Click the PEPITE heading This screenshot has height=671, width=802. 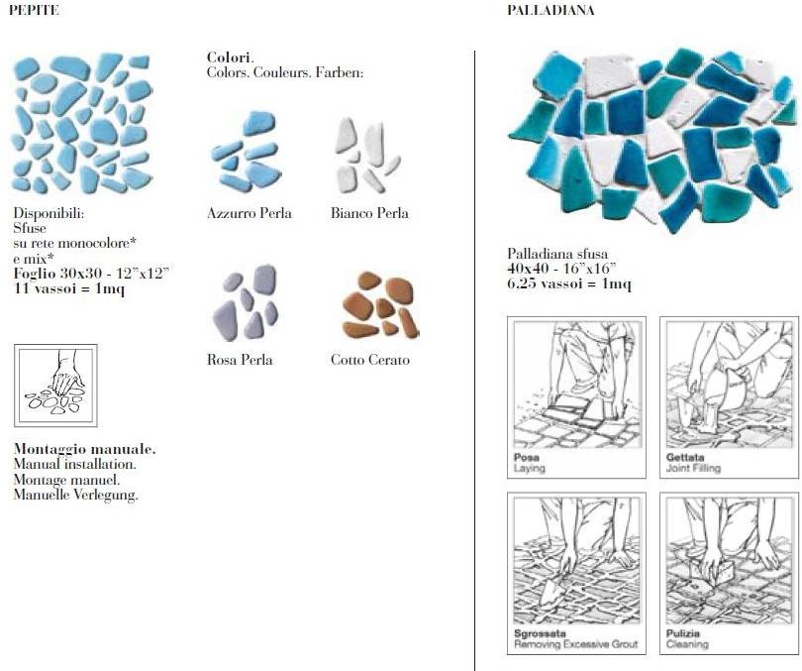pyautogui.click(x=34, y=10)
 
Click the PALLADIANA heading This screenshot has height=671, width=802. pyautogui.click(x=551, y=10)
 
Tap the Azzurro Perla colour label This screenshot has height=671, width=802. pyautogui.click(x=250, y=213)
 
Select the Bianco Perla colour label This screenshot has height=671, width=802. pyautogui.click(x=369, y=213)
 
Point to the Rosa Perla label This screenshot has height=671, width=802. pyautogui.click(x=240, y=360)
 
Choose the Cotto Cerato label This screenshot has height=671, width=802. pyautogui.click(x=369, y=360)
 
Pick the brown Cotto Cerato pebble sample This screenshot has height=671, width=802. pyautogui.click(x=380, y=304)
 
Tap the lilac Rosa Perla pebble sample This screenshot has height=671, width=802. pyautogui.click(x=246, y=302)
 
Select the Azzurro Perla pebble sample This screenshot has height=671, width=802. pyautogui.click(x=246, y=152)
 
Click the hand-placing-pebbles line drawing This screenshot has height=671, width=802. pyautogui.click(x=55, y=386)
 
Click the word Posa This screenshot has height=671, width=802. pyautogui.click(x=527, y=457)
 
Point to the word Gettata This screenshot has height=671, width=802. pyautogui.click(x=685, y=457)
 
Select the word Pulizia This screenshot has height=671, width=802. pyautogui.click(x=683, y=633)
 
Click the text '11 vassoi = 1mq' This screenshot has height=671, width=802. pyautogui.click(x=69, y=288)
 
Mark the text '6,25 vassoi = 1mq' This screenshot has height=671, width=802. pyautogui.click(x=569, y=283)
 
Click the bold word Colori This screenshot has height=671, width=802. pyautogui.click(x=230, y=57)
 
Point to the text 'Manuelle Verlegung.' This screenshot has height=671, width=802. pyautogui.click(x=75, y=495)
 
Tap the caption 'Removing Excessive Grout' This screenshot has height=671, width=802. pyautogui.click(x=576, y=644)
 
